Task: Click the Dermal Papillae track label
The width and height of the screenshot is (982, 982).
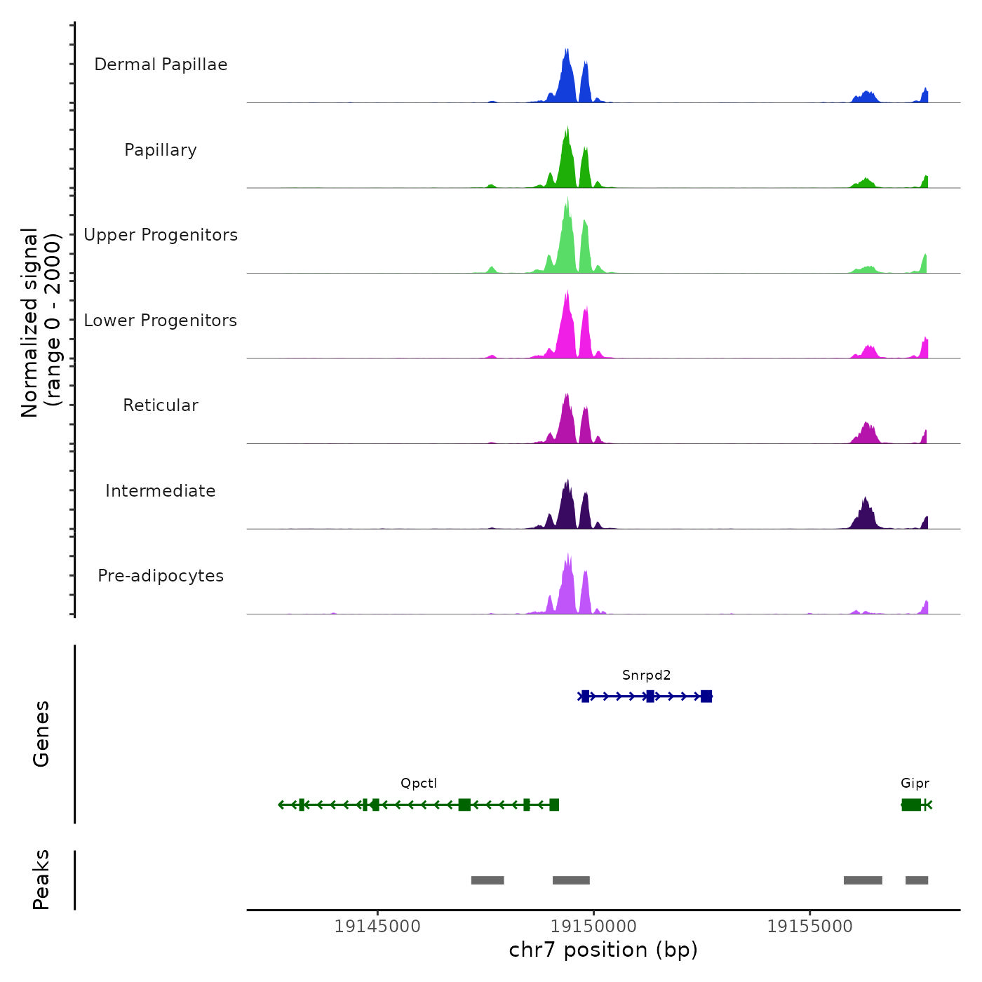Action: (161, 65)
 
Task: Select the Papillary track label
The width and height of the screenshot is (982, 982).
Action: (161, 150)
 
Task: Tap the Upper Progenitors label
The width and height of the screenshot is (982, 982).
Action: (161, 235)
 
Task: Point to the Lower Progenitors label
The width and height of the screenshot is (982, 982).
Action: (161, 321)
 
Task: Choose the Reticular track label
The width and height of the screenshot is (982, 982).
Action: (161, 405)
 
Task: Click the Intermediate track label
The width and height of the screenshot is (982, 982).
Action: (161, 491)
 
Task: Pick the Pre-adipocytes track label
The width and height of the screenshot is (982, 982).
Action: (161, 576)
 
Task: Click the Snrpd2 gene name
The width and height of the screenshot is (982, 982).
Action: (646, 675)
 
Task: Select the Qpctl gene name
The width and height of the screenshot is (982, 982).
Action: (419, 783)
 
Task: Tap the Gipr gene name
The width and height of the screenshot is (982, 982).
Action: (915, 783)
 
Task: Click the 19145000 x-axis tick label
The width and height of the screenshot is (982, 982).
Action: (377, 927)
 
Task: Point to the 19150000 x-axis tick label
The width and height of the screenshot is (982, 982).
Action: (593, 927)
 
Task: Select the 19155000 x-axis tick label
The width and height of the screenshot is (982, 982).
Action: (809, 927)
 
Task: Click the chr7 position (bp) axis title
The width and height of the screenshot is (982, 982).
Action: (603, 950)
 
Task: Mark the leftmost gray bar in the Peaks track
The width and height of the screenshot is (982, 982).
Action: (487, 880)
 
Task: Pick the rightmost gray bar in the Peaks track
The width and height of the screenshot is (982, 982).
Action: (917, 880)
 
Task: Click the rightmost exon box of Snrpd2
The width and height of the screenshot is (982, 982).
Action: (706, 697)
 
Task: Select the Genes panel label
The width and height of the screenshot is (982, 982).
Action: (41, 734)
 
